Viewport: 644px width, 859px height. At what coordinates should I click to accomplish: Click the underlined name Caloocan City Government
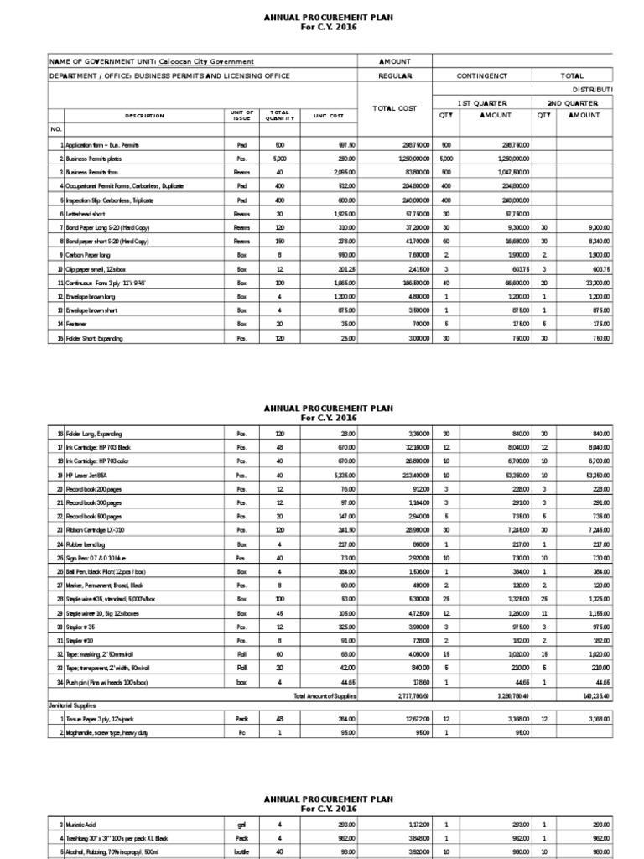[206, 61]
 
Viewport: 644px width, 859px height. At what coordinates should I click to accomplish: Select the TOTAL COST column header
[395, 108]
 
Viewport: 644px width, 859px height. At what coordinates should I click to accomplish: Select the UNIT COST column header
[329, 116]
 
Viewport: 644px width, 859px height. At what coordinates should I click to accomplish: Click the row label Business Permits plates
[92, 158]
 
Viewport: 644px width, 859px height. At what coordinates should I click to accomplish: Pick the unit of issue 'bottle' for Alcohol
[241, 853]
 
